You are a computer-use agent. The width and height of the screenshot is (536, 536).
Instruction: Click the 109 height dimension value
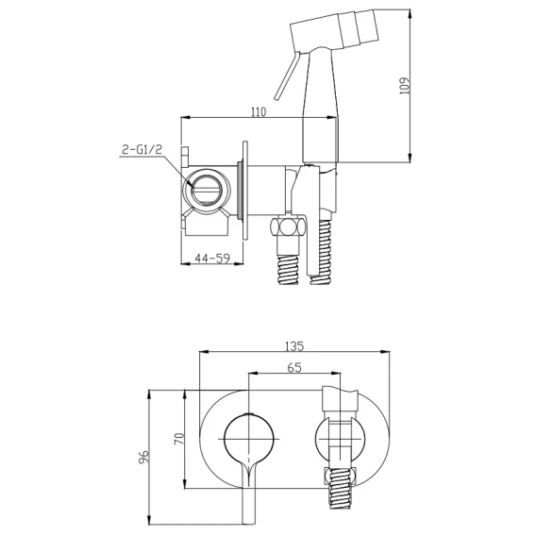click(x=404, y=86)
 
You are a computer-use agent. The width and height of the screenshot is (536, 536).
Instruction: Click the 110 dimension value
click(x=259, y=111)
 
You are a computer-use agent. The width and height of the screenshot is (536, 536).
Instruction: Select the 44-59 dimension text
click(x=212, y=259)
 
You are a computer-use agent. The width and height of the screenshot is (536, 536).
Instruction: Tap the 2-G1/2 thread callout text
click(x=142, y=149)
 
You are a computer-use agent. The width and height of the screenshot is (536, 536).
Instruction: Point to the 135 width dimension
click(x=294, y=346)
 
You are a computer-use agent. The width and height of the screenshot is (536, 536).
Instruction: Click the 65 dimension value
click(x=294, y=367)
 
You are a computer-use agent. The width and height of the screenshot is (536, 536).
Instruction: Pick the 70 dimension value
click(x=179, y=439)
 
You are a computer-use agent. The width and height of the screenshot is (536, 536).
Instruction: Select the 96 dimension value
click(x=144, y=457)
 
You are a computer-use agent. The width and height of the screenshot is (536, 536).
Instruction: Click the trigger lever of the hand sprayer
click(x=287, y=75)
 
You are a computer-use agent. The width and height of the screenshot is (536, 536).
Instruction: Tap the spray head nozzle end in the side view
click(x=366, y=27)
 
